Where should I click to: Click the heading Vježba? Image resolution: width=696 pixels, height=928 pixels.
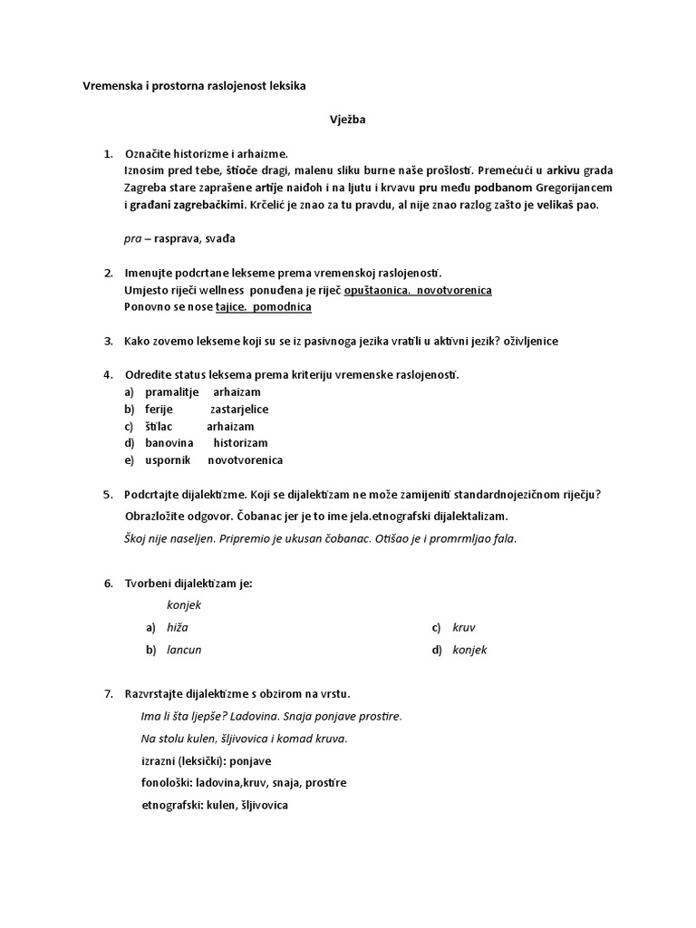[347, 119]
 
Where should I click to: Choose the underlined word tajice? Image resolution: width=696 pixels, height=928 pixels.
[232, 307]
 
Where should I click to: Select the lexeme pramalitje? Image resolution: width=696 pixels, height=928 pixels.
[173, 392]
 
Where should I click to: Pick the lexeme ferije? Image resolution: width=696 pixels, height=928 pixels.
[159, 410]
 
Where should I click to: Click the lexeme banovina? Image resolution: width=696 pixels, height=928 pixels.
[169, 443]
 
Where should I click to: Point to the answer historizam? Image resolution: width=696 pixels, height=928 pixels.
[240, 443]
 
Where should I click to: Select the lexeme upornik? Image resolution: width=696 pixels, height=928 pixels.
[168, 460]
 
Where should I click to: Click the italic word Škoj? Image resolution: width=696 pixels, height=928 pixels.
[136, 538]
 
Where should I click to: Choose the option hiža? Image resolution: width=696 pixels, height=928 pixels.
[178, 627]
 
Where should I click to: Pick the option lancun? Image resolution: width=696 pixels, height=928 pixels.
[184, 650]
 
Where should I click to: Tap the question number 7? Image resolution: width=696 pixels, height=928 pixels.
[108, 694]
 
